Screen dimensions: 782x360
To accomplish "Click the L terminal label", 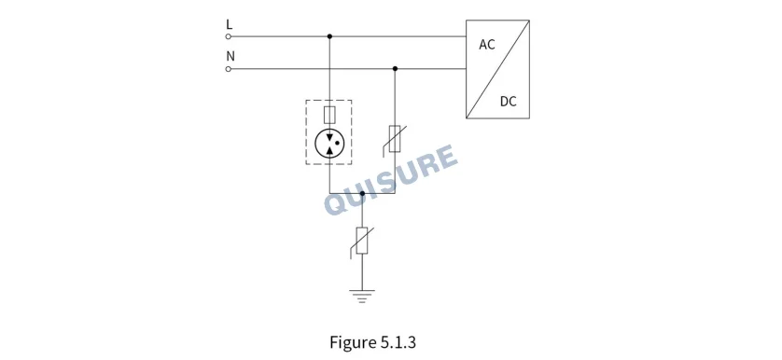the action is coord(230,24).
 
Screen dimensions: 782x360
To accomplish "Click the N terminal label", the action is coord(230,56).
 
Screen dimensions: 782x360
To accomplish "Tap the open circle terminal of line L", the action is coord(229,36).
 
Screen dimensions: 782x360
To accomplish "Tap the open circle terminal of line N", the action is coord(229,69).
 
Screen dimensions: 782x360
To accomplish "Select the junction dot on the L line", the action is coord(329,36).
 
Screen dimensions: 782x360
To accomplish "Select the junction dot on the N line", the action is coord(395,68).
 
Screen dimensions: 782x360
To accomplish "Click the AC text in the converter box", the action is coord(487,45).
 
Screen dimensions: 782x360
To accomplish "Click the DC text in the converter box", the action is coord(509,102).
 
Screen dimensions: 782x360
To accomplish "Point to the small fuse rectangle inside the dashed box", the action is coord(329,115).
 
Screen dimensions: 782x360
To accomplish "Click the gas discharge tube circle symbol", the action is coord(329,144).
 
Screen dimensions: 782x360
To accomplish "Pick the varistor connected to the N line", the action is coord(395,139).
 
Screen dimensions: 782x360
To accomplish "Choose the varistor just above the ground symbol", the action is coord(362,242).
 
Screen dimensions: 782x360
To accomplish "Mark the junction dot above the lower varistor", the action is coord(362,193).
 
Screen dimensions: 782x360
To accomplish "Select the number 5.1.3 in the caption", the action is coord(398,342).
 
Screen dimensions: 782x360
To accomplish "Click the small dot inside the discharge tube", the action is coord(337,143).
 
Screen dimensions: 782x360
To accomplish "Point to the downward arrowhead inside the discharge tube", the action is coord(329,136).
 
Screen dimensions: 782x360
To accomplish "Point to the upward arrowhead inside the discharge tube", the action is coord(329,150).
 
